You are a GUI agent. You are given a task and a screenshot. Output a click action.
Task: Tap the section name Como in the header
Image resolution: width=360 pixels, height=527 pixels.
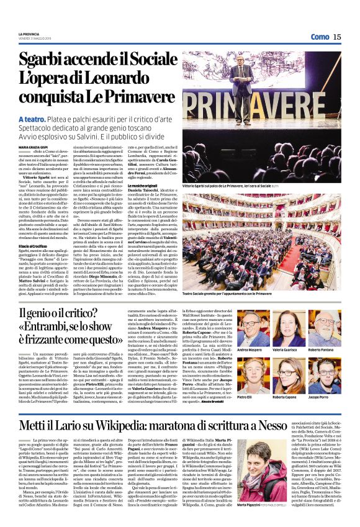pyautogui.click(x=320, y=37)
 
